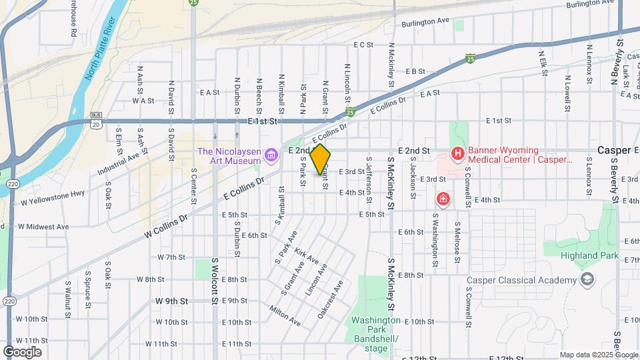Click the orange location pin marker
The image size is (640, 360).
[x=321, y=160]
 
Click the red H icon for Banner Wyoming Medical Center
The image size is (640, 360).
[x=457, y=155]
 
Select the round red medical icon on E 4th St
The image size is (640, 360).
[x=443, y=199]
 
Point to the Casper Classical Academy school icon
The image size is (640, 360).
[x=587, y=279]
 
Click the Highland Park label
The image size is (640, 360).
[x=589, y=255]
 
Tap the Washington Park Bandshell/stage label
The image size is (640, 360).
[x=376, y=334]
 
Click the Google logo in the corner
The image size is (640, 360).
[x=22, y=351]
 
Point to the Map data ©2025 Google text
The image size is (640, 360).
[x=598, y=355]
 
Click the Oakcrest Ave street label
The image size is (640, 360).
[x=330, y=299]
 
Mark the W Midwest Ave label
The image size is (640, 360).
[x=43, y=227]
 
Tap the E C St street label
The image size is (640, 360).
[x=363, y=45]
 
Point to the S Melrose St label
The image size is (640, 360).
[x=457, y=243]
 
